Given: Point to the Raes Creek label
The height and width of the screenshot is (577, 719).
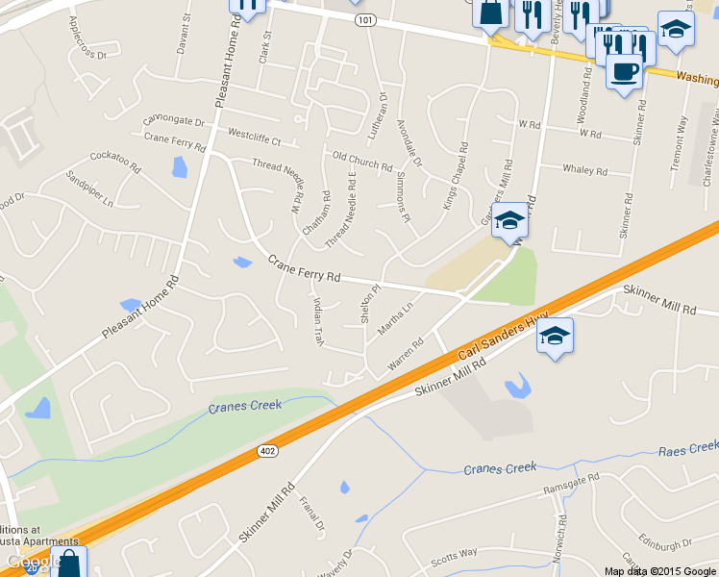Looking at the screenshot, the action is point(688,448).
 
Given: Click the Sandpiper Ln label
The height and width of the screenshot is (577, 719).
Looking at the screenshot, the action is point(89,189).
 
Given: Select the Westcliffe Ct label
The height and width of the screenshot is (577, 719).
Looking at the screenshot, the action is point(255,136).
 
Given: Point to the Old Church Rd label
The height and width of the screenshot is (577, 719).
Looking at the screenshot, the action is point(362,161).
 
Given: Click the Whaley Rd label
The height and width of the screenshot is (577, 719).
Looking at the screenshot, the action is point(584,171).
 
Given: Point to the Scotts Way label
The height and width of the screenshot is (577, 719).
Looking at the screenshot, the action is point(454,555).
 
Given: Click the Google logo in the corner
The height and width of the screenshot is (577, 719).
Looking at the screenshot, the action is point(35,561).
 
